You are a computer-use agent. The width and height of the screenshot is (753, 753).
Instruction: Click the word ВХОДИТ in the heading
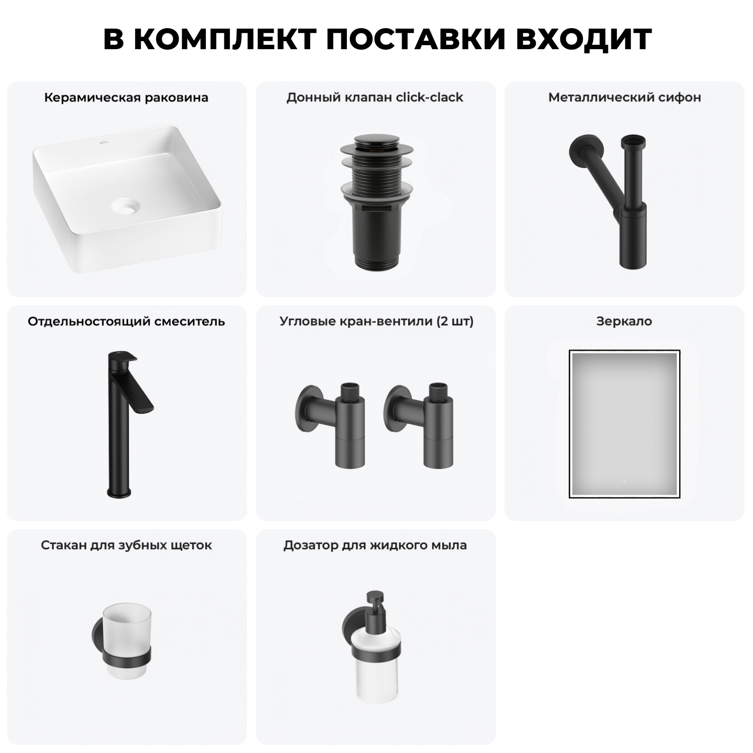pos(583,39)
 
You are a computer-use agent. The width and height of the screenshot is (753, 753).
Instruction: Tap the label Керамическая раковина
pos(126,97)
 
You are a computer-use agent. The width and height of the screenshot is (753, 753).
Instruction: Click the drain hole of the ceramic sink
pos(123,205)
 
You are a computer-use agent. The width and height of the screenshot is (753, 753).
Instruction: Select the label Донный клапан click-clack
pos(374,97)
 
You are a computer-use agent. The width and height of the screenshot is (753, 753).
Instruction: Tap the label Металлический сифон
pos(624,97)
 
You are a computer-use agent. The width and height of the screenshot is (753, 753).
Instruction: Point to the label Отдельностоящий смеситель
pos(126,321)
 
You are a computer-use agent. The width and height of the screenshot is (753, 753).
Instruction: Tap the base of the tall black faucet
pos(118,492)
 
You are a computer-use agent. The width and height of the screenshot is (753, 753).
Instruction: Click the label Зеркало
pos(624,321)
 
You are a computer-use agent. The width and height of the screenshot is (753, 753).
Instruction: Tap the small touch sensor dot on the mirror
pos(624,481)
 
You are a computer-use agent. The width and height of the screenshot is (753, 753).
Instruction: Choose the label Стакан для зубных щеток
pos(126,545)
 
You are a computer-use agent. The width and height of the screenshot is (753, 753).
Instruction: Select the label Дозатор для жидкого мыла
pos(375,545)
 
